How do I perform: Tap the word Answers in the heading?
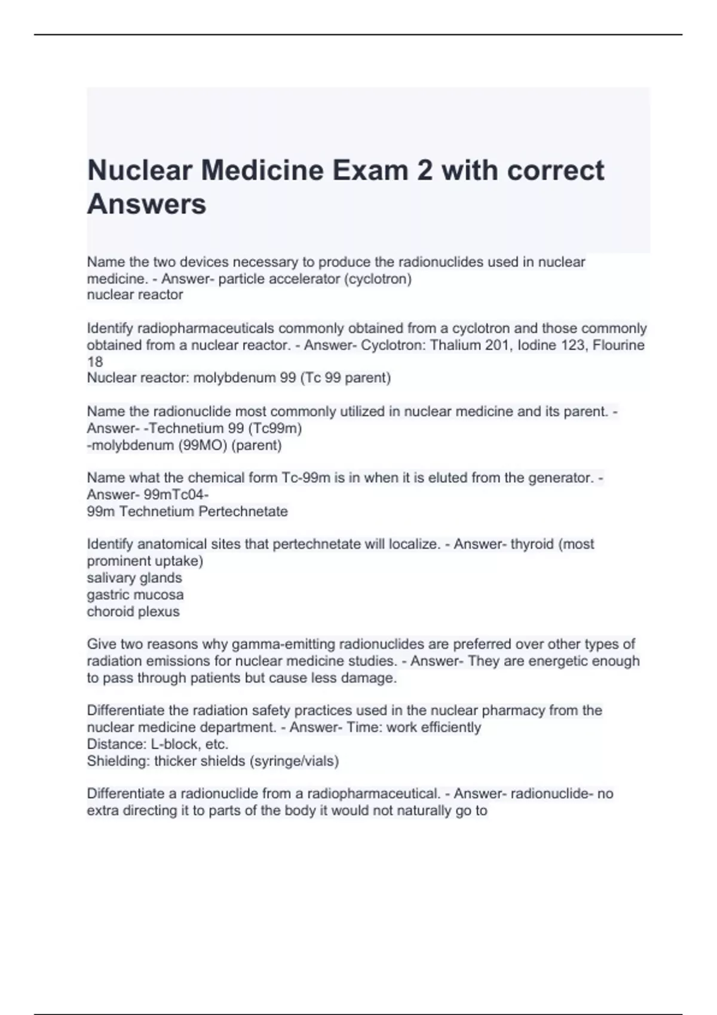146,204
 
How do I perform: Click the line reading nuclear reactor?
135,295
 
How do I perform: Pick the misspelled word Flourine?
618,345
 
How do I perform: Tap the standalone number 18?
94,362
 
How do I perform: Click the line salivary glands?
134,578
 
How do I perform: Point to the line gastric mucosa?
135,595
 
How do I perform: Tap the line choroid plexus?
133,611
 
